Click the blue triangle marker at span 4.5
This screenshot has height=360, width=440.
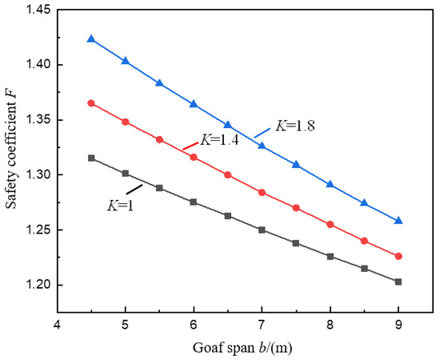tap(91, 38)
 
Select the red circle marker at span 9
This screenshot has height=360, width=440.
tap(398, 256)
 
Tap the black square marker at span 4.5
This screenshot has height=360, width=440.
tap(91, 158)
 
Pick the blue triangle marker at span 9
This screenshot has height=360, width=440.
tap(398, 220)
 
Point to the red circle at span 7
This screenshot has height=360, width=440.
tap(262, 192)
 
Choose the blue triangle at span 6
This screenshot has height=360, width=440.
tap(194, 104)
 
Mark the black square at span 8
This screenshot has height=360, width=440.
tap(330, 256)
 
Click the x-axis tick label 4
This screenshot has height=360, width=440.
tap(57, 326)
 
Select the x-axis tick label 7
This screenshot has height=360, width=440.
tap(262, 326)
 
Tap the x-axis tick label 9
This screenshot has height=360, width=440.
tap(398, 326)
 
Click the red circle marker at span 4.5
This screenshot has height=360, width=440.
tap(91, 103)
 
